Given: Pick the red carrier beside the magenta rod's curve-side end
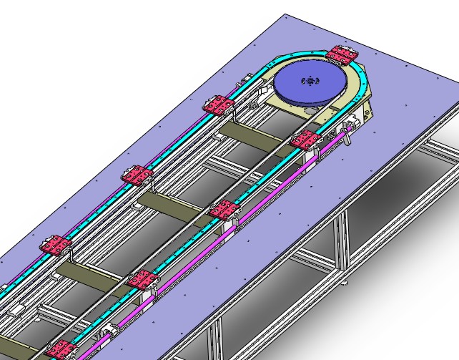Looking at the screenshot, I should point(307,140).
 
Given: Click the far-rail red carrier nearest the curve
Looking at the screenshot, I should point(218,106).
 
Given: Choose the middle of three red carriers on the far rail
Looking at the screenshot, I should point(137,175).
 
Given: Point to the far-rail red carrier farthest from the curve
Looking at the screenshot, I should point(55,245).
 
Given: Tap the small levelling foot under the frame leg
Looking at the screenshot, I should point(345,283).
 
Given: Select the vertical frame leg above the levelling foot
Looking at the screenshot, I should point(342,243).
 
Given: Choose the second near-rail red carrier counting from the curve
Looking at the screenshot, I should point(224,210).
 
